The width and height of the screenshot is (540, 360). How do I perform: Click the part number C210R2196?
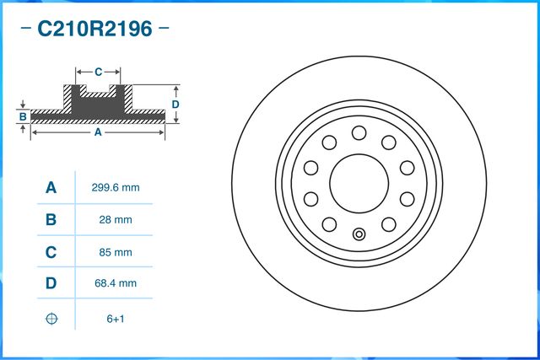[x=94, y=30]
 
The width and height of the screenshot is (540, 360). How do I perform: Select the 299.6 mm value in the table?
[x=115, y=188]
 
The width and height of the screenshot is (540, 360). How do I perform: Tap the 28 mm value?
[x=115, y=220]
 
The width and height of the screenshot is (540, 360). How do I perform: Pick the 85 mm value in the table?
[x=115, y=252]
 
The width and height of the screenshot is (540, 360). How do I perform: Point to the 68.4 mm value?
[x=115, y=284]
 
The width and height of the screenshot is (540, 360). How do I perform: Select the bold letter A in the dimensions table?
[x=51, y=188]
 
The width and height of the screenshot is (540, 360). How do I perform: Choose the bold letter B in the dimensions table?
[x=51, y=220]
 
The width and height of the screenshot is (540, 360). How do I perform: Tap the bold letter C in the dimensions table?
[x=51, y=252]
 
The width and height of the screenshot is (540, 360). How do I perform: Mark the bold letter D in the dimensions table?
[x=51, y=284]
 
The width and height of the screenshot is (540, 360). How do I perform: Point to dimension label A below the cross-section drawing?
[x=98, y=132]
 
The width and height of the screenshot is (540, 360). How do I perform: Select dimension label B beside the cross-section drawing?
[x=24, y=116]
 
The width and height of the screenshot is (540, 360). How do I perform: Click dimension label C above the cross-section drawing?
[x=98, y=72]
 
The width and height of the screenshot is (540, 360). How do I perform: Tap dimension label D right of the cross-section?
[x=175, y=104]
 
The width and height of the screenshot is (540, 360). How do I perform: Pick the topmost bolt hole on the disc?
[x=359, y=132]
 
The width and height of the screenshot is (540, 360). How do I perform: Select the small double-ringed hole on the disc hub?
[x=359, y=234]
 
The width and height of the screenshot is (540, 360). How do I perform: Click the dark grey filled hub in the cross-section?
[x=98, y=101]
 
